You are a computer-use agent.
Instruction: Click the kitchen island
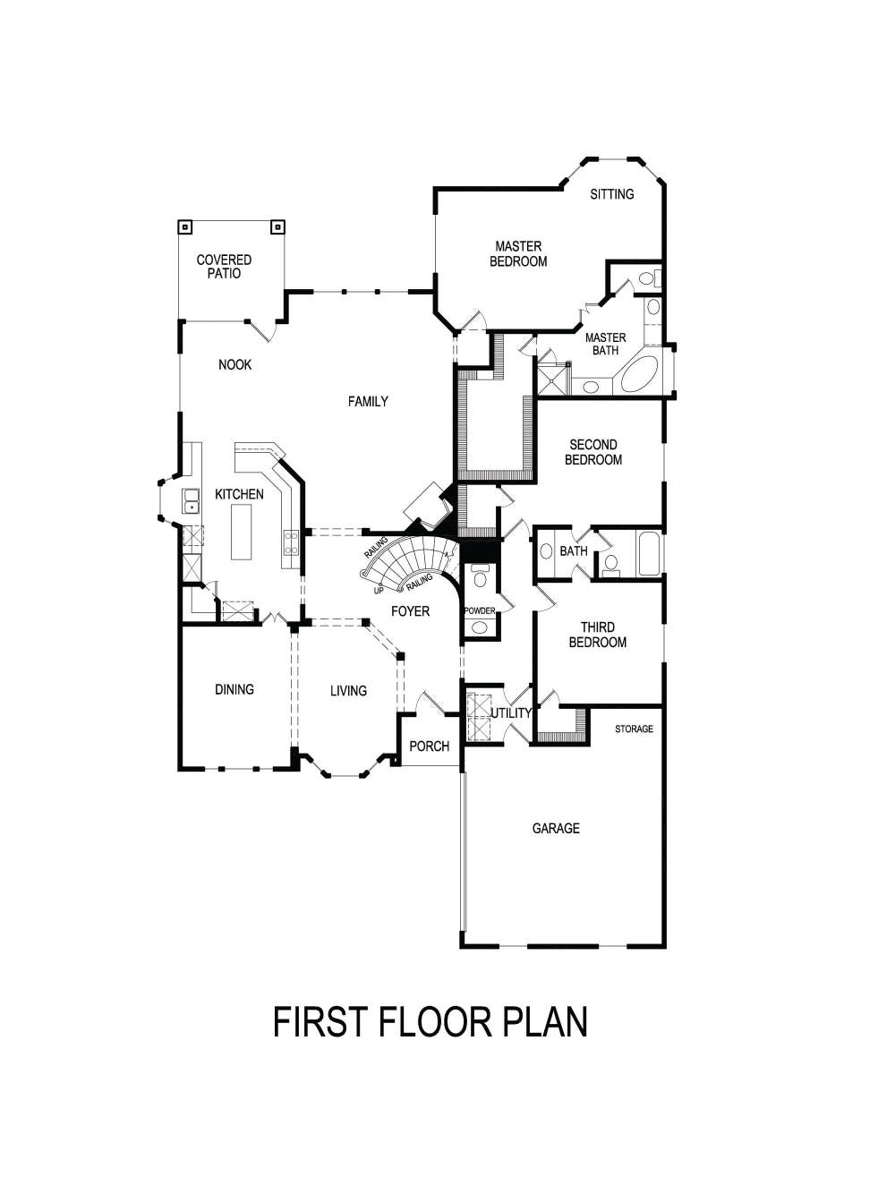click(242, 532)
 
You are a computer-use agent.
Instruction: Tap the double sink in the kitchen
click(191, 501)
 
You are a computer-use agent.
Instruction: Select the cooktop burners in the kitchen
click(291, 542)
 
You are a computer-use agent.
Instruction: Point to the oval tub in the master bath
click(639, 376)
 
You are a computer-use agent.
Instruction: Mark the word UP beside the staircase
click(379, 591)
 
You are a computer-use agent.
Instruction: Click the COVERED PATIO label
click(224, 267)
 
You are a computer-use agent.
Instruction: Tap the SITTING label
click(612, 194)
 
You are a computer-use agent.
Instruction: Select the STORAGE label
click(634, 729)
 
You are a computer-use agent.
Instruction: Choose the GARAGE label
click(556, 829)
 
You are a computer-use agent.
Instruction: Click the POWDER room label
click(479, 611)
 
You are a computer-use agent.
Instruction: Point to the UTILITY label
click(511, 713)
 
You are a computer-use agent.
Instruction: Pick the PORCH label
click(429, 746)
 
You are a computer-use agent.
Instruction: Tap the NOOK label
click(234, 365)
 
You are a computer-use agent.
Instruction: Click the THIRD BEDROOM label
click(597, 635)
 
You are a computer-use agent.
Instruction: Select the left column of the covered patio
click(184, 226)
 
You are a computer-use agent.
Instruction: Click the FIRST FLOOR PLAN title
click(430, 1022)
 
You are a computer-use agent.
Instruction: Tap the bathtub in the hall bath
click(649, 554)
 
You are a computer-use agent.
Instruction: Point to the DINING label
click(234, 689)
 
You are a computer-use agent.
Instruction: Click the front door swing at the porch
click(431, 702)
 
